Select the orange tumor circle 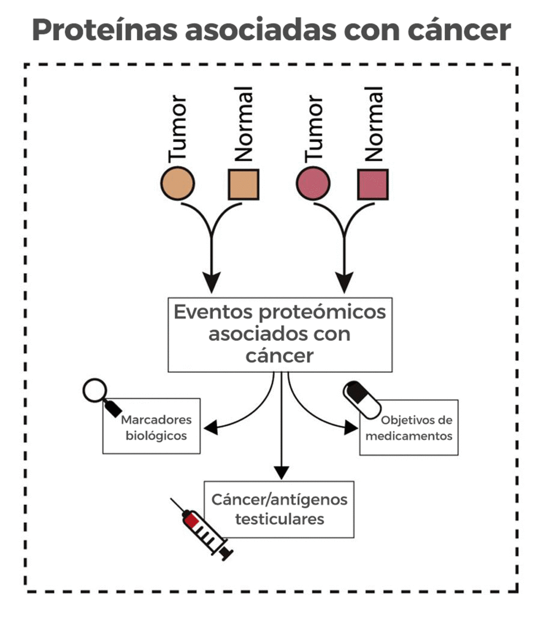click(x=177, y=184)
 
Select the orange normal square click(x=244, y=184)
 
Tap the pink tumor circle click(x=313, y=184)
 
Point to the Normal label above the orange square click(x=244, y=124)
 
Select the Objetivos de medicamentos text click(x=409, y=428)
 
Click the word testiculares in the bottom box click(x=279, y=519)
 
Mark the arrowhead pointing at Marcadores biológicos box click(x=210, y=428)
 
